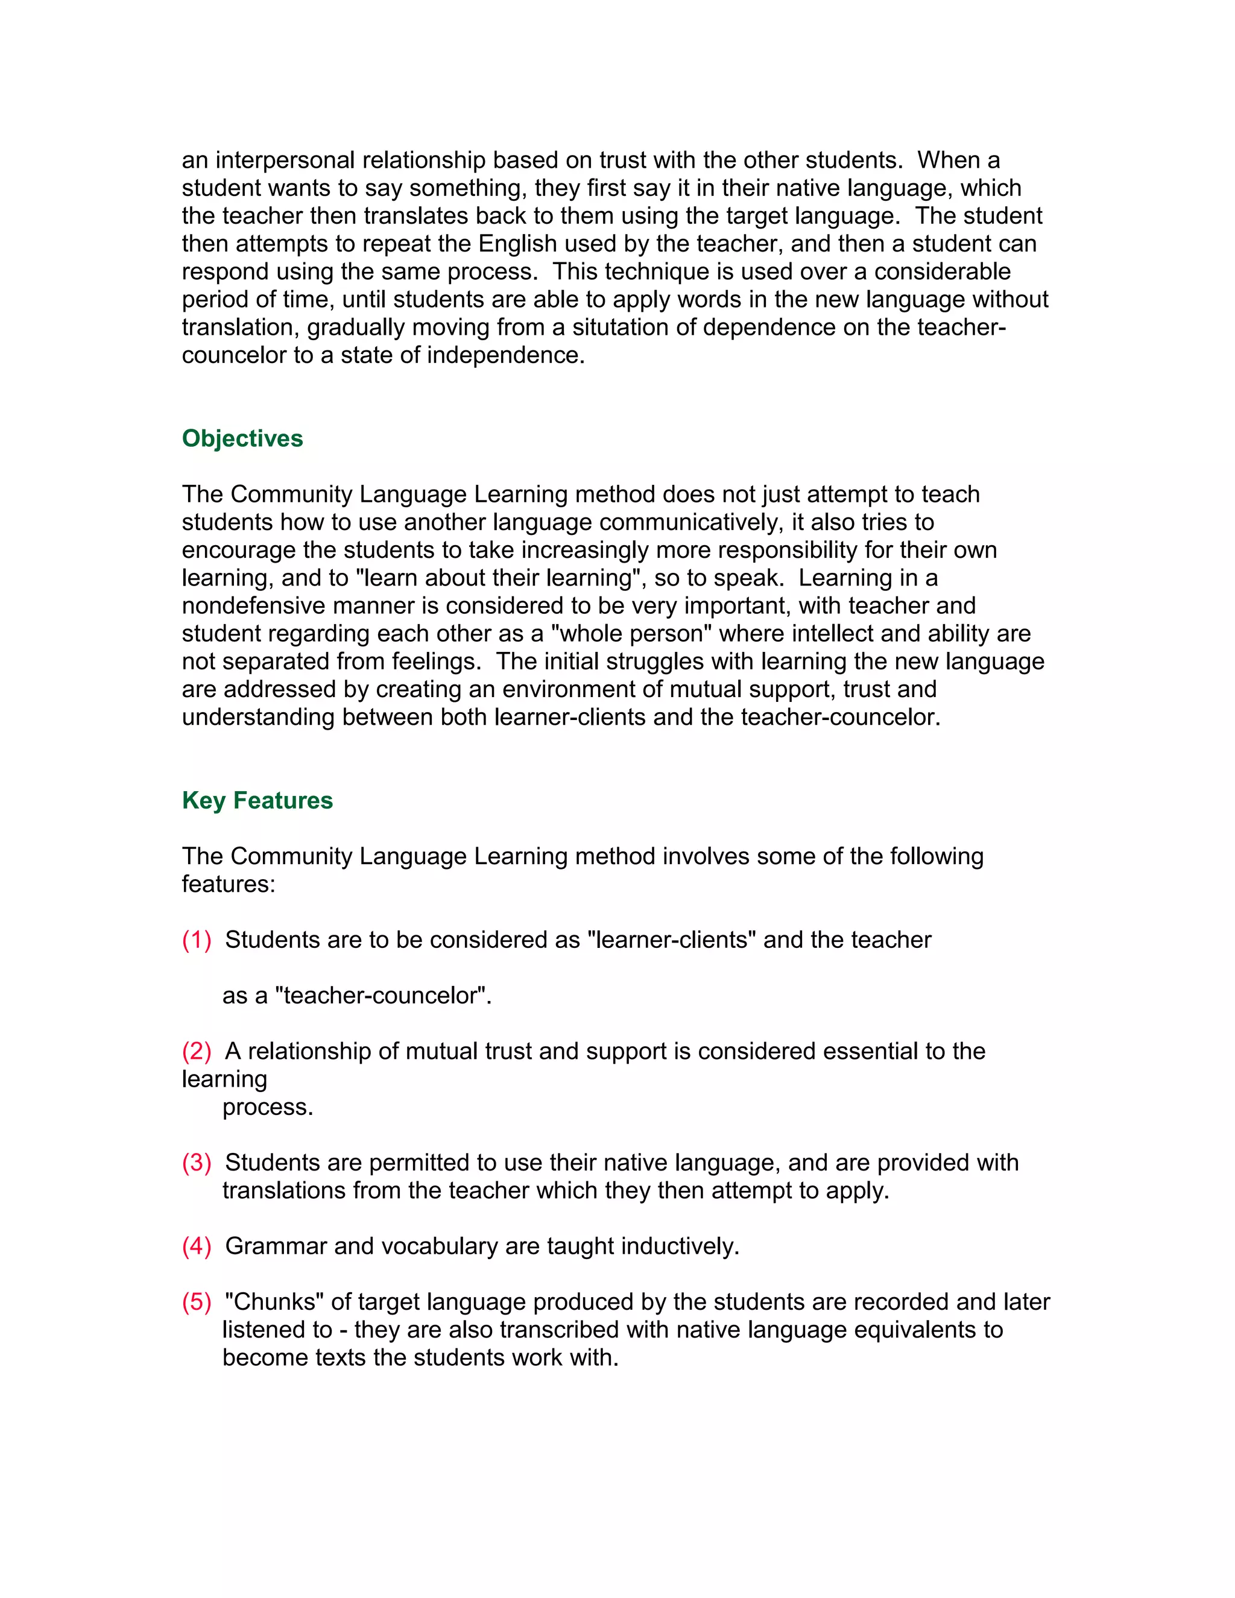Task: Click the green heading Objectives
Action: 242,438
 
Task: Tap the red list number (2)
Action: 196,1052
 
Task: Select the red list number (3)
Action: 196,1163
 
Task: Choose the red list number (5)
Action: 196,1302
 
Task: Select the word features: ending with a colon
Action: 229,885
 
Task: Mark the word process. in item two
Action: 268,1107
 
